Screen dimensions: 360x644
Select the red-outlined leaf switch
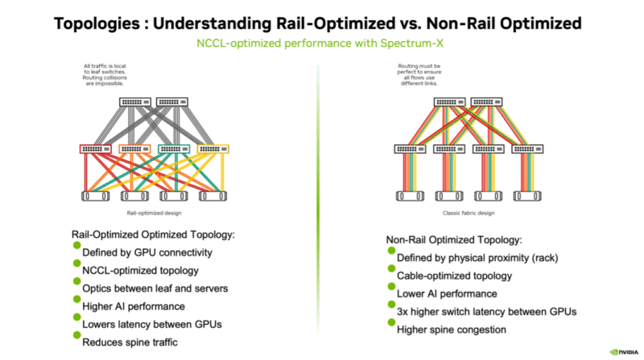pos(97,148)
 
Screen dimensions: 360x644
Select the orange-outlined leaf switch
pos(135,148)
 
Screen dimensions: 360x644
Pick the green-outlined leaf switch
pos(175,148)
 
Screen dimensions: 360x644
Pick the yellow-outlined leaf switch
pos(213,148)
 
